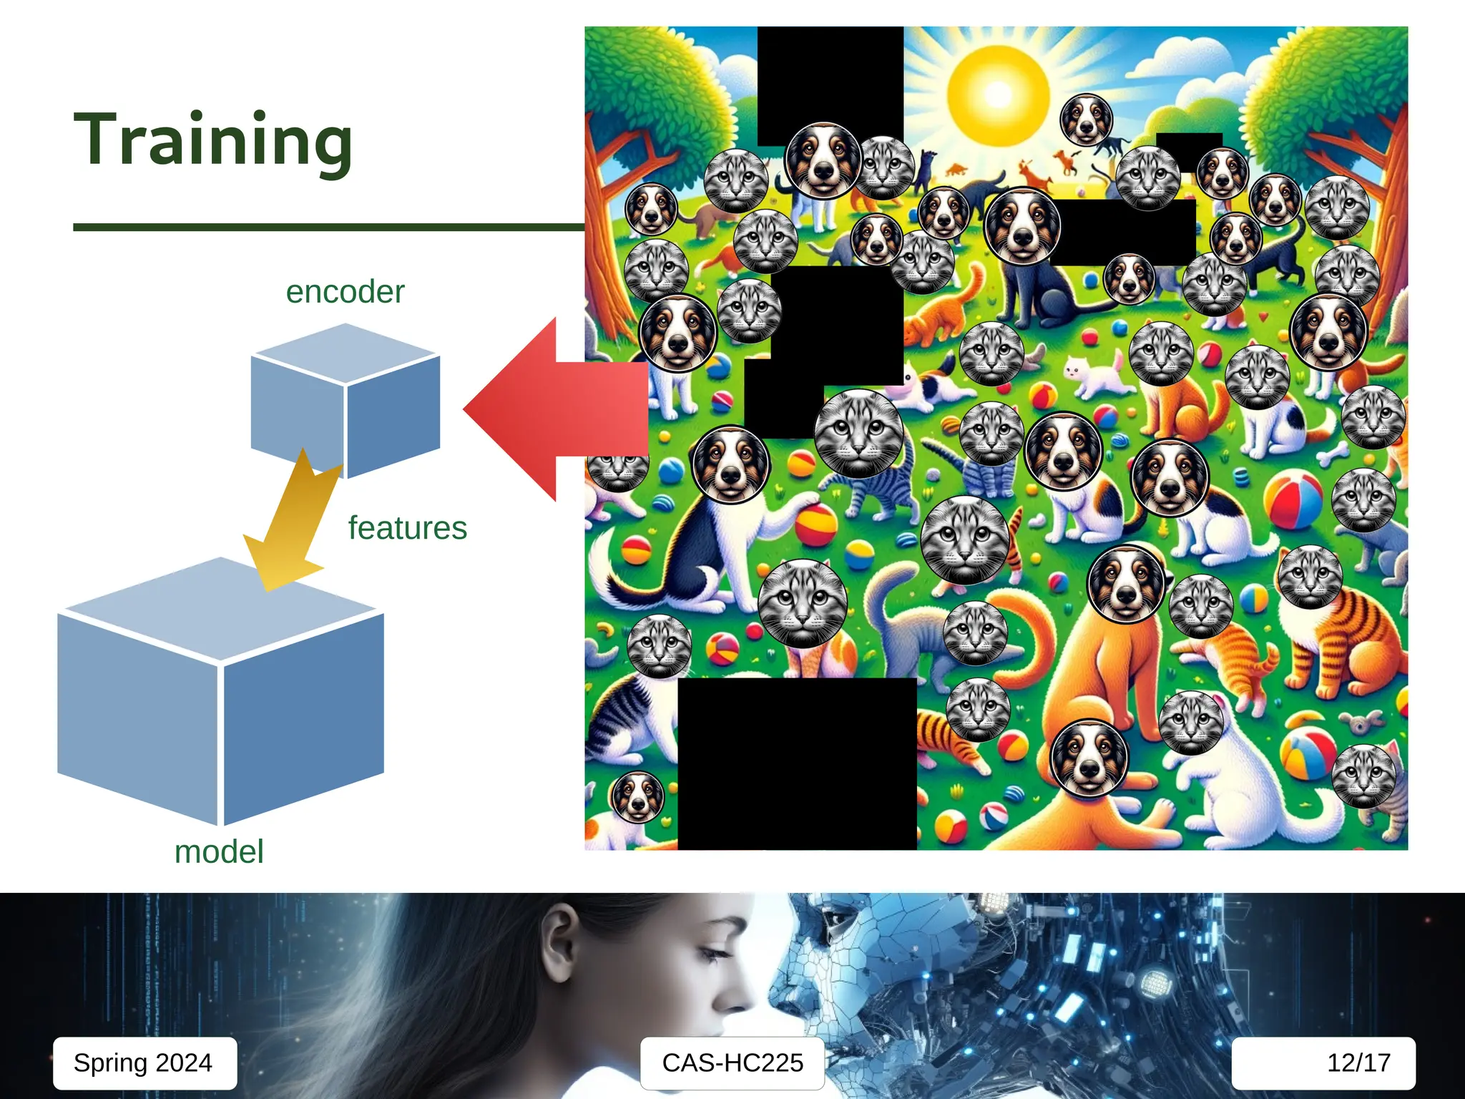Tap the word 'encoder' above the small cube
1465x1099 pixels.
(345, 292)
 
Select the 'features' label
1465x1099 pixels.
(407, 528)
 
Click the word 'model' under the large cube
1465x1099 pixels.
(219, 851)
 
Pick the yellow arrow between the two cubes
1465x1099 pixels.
(293, 522)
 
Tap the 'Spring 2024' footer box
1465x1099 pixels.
(144, 1063)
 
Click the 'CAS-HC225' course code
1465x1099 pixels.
(732, 1063)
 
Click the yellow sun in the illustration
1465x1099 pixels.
(998, 93)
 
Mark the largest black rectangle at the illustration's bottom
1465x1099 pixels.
(797, 763)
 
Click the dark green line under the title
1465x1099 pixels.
(329, 228)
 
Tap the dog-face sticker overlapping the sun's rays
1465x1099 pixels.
(1086, 119)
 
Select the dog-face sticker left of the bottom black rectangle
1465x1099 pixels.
(637, 796)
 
